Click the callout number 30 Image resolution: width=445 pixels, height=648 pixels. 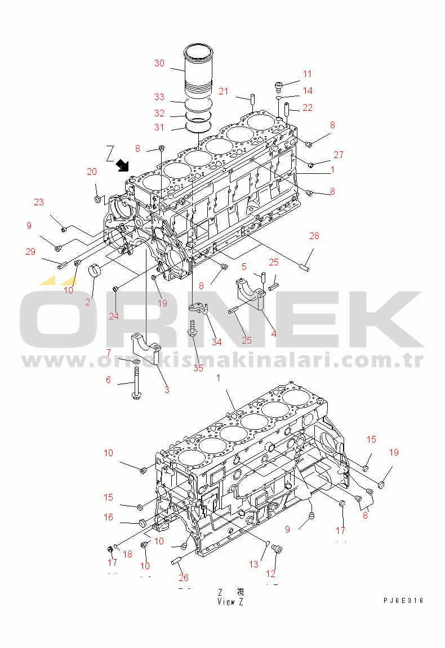click(159, 63)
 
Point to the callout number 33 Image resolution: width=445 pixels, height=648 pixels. click(159, 97)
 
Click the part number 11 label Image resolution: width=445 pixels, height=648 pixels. click(307, 74)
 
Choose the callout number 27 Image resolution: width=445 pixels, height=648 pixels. click(338, 155)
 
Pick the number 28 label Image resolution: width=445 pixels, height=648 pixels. click(314, 236)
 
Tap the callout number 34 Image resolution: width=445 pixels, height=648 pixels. click(216, 341)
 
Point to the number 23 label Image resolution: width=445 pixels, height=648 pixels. click(38, 202)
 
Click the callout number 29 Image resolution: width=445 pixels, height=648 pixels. click(30, 251)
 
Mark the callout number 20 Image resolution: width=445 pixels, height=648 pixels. click(91, 172)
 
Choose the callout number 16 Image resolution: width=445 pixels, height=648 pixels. click(108, 517)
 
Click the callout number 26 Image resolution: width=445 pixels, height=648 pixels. click(184, 577)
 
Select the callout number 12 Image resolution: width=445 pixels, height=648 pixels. click(271, 574)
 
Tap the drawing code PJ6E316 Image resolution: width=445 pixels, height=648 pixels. click(400, 601)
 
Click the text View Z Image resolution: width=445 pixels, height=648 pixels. click(230, 601)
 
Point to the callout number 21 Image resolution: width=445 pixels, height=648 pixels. click(224, 91)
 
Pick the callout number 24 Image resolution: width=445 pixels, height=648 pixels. click(114, 316)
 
